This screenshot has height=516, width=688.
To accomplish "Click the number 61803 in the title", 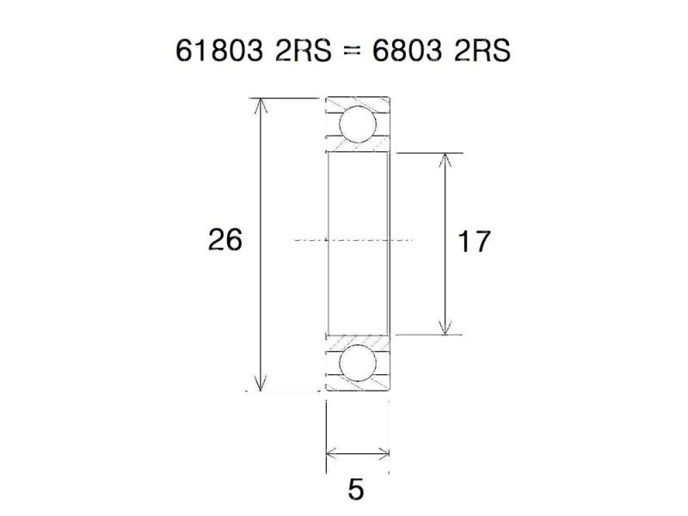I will tap(218, 51).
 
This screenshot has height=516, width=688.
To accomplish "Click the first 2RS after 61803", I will tap(298, 51).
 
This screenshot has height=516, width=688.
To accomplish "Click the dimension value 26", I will tap(225, 240).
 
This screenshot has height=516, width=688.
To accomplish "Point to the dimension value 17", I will tap(473, 243).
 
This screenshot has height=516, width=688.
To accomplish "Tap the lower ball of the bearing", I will tap(357, 364).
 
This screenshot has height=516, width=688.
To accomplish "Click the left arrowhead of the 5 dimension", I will tap(331, 452).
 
